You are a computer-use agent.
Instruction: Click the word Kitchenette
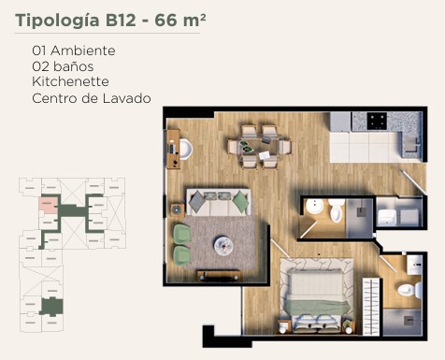(70, 81)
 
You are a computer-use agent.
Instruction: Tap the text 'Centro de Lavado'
(92, 98)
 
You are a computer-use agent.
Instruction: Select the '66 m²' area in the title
(180, 20)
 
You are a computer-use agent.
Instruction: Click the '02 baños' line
(63, 66)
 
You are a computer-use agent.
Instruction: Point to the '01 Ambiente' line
(74, 50)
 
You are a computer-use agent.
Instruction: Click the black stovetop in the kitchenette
(377, 121)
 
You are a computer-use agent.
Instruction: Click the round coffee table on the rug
(223, 246)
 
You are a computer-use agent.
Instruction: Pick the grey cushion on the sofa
(197, 202)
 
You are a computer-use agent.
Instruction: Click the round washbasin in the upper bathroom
(314, 207)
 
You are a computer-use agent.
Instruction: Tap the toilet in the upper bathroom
(337, 210)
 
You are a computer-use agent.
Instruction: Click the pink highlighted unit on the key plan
(49, 205)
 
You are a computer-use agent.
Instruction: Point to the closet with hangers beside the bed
(371, 307)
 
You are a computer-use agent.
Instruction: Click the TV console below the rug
(219, 276)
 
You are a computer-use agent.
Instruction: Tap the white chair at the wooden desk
(186, 150)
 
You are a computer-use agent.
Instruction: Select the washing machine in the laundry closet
(387, 217)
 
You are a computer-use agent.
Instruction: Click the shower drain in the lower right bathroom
(409, 321)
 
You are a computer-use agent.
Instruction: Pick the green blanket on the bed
(315, 307)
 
